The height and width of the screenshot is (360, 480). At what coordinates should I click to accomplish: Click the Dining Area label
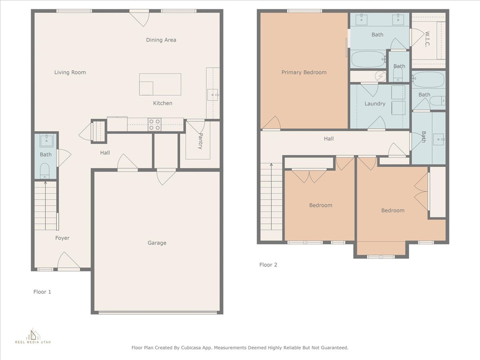click(x=161, y=40)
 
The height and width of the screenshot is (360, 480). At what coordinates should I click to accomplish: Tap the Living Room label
click(x=70, y=72)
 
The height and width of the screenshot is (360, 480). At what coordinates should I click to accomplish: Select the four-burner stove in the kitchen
click(x=154, y=125)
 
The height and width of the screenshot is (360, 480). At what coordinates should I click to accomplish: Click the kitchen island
click(x=160, y=84)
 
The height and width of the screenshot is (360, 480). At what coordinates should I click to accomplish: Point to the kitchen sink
click(x=212, y=95)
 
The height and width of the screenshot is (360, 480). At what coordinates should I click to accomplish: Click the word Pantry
click(x=201, y=141)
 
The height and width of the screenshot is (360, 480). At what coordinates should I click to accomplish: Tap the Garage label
click(x=157, y=243)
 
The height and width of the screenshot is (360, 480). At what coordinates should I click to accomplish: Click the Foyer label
click(x=62, y=238)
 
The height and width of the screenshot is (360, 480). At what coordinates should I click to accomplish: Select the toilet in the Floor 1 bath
click(x=45, y=171)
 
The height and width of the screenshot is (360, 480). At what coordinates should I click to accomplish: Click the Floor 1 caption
click(x=42, y=292)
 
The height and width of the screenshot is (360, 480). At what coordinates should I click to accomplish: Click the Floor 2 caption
click(x=268, y=265)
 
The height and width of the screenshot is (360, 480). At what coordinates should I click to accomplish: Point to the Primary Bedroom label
click(x=304, y=72)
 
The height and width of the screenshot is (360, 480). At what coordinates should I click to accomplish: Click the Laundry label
click(x=375, y=104)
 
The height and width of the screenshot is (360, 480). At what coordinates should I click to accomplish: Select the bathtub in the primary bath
click(x=368, y=59)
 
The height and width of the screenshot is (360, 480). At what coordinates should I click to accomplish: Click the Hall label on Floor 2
click(x=329, y=139)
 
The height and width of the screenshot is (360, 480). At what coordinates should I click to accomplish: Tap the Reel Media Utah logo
click(x=33, y=336)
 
